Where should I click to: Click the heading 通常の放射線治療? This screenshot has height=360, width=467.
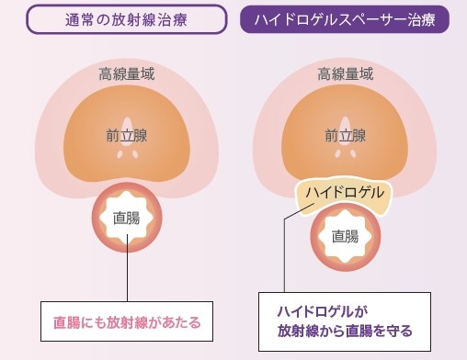(126, 17)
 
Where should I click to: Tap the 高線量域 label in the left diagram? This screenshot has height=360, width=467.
(126, 74)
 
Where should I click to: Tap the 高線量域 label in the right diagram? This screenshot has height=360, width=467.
(345, 74)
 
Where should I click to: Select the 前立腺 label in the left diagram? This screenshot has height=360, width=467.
(126, 136)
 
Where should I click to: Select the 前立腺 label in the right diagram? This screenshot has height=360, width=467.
(345, 136)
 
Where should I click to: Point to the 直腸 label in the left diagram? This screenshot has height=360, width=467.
(126, 219)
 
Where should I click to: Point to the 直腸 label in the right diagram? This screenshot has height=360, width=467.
(345, 236)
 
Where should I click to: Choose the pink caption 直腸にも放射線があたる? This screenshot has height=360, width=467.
(126, 322)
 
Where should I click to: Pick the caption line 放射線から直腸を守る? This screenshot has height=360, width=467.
(345, 331)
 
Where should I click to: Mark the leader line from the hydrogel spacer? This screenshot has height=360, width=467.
(285, 257)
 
